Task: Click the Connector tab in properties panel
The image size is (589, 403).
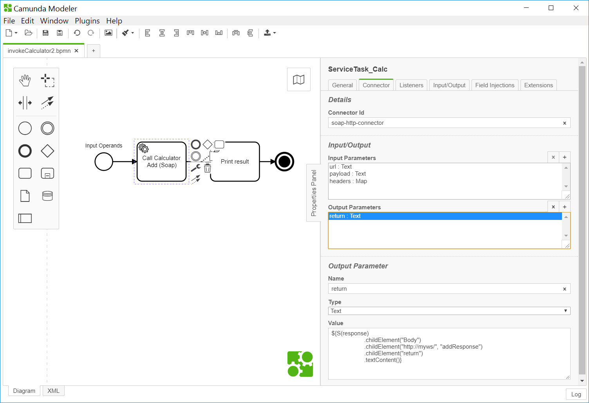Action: (376, 85)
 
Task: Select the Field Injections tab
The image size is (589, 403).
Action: (495, 85)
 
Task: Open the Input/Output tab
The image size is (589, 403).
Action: (449, 85)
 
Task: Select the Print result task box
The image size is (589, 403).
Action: (235, 168)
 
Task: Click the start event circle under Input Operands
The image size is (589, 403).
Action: (104, 162)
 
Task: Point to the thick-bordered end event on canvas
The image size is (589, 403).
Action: (284, 162)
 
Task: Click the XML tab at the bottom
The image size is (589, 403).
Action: (53, 391)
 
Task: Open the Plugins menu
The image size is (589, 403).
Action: (87, 21)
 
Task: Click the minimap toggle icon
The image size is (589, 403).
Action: (299, 79)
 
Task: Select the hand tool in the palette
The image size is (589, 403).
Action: (25, 81)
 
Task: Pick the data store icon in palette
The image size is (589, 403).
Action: (47, 196)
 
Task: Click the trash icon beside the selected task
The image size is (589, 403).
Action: (208, 169)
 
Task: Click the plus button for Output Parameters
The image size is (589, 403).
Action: (564, 207)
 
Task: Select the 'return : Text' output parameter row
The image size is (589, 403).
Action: (345, 216)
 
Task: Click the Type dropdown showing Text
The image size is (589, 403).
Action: (449, 311)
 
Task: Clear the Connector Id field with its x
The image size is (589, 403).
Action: (564, 123)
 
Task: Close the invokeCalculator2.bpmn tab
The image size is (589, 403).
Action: (76, 51)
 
